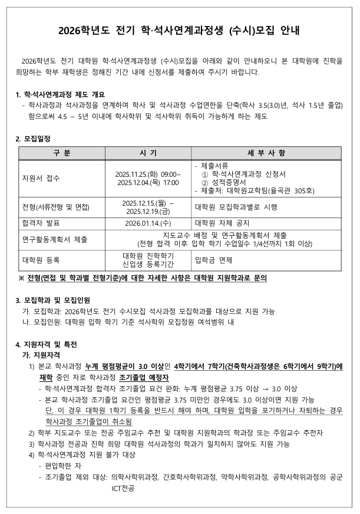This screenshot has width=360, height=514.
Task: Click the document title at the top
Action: click(180, 32)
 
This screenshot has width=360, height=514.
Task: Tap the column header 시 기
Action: click(148, 153)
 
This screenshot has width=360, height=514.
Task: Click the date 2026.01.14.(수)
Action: click(148, 223)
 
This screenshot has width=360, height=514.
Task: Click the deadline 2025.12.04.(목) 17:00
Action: click(148, 183)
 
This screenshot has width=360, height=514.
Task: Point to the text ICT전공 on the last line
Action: click(123, 489)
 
